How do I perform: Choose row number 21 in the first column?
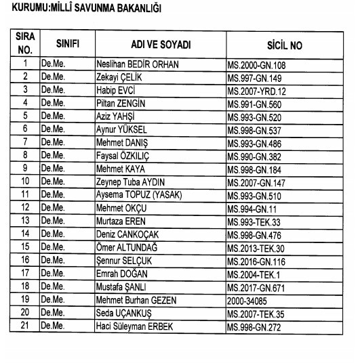pos(24,325)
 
